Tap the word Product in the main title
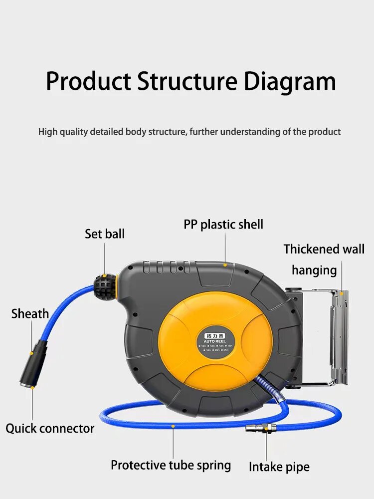89,81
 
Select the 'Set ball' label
105,234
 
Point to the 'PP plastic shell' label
223,225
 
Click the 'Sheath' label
30,314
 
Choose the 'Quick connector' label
50,428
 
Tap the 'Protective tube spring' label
171,465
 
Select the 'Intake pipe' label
279,467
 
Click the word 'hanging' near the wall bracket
314,270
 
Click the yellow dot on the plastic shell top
225,264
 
